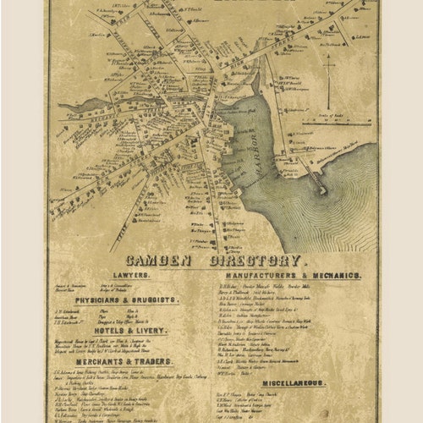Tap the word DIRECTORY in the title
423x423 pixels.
(x=253, y=261)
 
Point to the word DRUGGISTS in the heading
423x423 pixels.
(x=157, y=300)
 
